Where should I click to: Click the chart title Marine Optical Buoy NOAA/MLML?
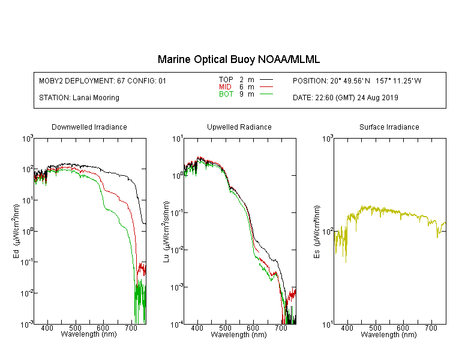[x=238, y=59]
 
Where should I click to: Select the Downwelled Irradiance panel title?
[x=89, y=127]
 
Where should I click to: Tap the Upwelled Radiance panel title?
[x=239, y=127]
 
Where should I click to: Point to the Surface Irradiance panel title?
[x=389, y=127]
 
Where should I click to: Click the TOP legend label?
[x=226, y=80]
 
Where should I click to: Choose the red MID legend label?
[x=225, y=86]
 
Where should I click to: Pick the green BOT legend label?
[x=226, y=94]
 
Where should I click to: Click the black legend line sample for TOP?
[x=266, y=80]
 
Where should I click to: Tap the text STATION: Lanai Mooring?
[x=79, y=98]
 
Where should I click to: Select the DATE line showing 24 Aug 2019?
[x=345, y=98]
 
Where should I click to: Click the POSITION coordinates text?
[x=357, y=80]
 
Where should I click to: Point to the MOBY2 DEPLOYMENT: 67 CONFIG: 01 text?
[x=103, y=80]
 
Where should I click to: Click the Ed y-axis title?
[x=16, y=231]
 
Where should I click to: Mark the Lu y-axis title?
[x=166, y=232]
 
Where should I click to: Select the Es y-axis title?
[x=316, y=232]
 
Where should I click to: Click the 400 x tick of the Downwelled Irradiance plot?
[x=47, y=328]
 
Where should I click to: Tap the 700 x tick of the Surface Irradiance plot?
[x=431, y=328]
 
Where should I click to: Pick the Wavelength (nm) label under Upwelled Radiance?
[x=239, y=335]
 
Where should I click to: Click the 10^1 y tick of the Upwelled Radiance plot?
[x=178, y=139]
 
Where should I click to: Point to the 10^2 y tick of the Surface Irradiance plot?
[x=328, y=232]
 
